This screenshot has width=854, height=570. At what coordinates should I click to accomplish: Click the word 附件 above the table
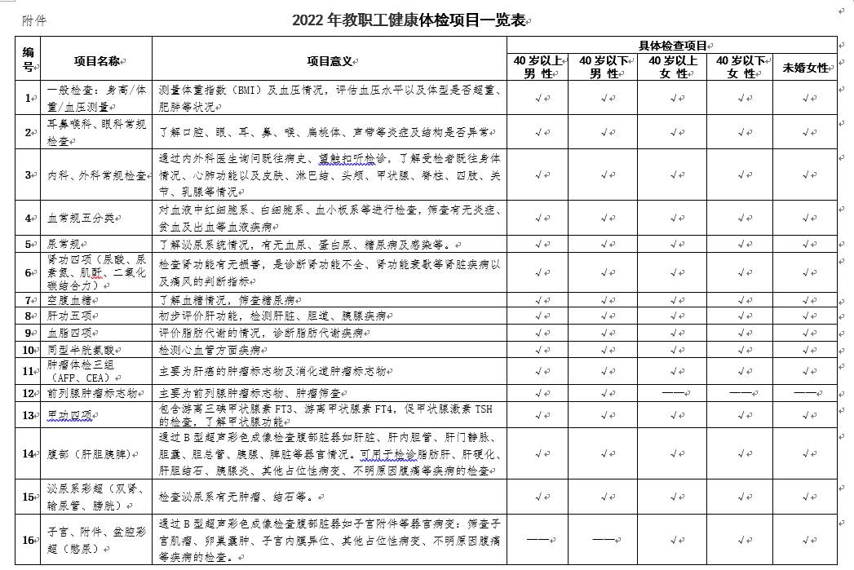(x=34, y=20)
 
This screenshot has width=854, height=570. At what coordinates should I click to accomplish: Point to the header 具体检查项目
(x=671, y=45)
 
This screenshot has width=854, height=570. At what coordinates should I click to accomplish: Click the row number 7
(x=28, y=300)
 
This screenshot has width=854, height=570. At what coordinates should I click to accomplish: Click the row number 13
(x=28, y=415)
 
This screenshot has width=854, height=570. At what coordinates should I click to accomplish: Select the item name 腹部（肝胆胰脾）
(x=87, y=453)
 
